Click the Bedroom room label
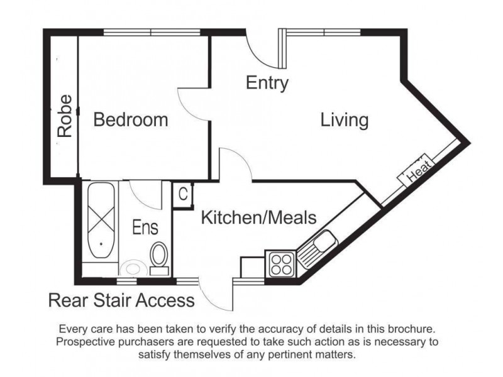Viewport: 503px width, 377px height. tap(131, 119)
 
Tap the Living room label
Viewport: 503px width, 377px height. tap(344, 119)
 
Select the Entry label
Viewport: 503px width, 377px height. tap(267, 82)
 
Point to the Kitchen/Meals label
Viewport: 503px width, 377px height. tap(258, 217)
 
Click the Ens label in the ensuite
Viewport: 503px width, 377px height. tap(145, 226)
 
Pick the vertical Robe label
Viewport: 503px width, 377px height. tap(64, 116)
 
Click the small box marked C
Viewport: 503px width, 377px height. tap(183, 195)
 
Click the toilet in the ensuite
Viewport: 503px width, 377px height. tap(158, 258)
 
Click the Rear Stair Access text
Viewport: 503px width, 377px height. tap(121, 301)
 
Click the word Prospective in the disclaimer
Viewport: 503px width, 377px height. tap(87, 342)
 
